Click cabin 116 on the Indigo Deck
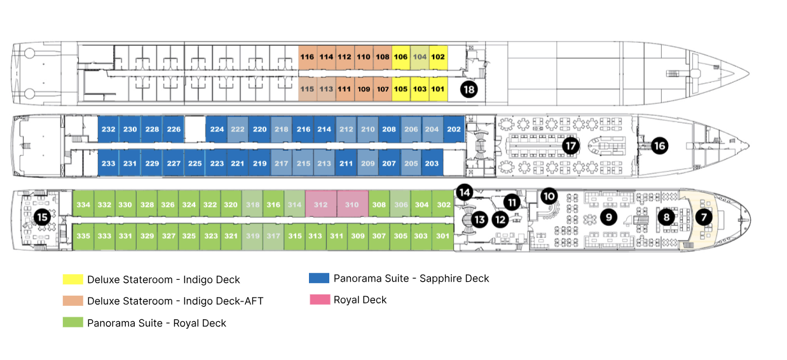308,57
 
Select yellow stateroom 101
438,89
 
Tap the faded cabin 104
420,57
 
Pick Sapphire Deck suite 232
108,129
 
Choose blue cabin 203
432,163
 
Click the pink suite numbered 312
321,205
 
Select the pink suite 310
352,205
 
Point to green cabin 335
83,236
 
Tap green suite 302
443,205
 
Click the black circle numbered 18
469,89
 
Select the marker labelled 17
571,146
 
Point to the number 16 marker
659,146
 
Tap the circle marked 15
42,217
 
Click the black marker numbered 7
704,217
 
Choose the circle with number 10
549,196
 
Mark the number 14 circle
465,192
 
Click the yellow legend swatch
72,279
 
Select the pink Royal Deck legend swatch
320,300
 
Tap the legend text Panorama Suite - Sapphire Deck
411,279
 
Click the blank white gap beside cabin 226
195,129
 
